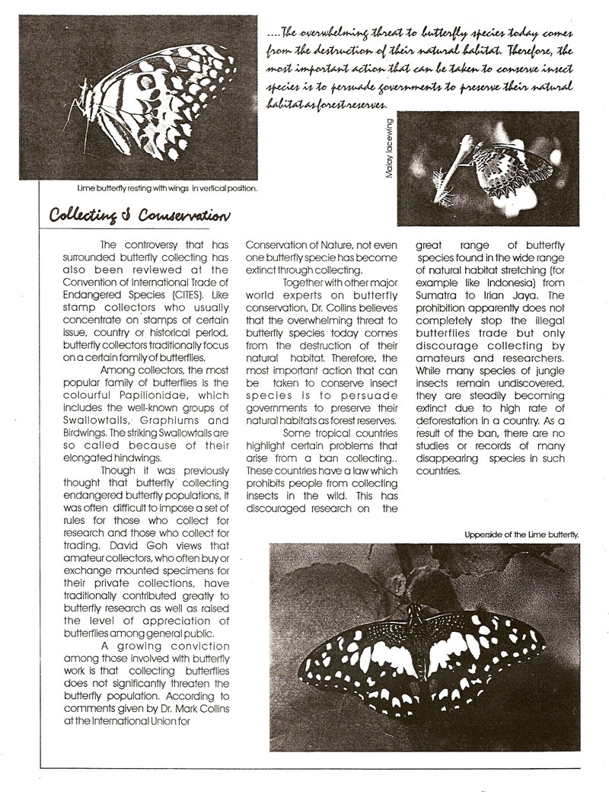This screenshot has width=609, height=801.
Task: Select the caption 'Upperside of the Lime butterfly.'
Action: pos(521,535)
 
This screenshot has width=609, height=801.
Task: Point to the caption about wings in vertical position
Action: pos(167,187)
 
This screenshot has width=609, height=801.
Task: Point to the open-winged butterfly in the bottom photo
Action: pos(423,655)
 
